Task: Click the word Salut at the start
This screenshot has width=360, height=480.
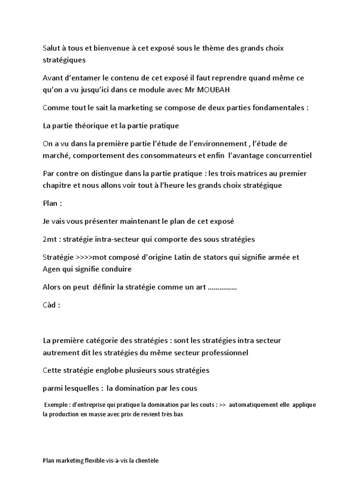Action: (51, 49)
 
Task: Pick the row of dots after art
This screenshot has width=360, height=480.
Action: (222, 287)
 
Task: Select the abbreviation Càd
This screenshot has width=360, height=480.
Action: (49, 305)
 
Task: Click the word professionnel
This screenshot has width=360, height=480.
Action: (223, 352)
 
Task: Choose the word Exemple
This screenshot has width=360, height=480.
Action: (58, 405)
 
